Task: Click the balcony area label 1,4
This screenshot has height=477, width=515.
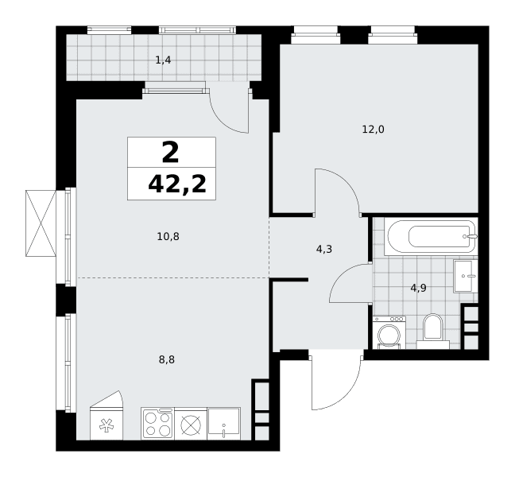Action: [163, 60]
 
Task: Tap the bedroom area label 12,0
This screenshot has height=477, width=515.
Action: [373, 130]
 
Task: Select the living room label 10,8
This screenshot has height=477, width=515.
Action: [168, 237]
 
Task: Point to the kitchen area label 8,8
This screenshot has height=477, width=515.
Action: [167, 360]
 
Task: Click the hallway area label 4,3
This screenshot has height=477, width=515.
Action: [324, 250]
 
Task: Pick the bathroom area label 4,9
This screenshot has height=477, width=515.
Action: [419, 289]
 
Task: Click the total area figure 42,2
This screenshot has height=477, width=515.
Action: [177, 184]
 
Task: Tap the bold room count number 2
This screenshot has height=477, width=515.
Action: [170, 152]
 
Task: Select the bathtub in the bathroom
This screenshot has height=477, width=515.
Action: [432, 236]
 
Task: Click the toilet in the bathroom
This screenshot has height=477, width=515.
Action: [433, 332]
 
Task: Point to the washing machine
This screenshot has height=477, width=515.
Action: [389, 332]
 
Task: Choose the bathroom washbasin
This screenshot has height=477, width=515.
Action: [466, 276]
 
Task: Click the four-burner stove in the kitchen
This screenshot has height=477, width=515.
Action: [158, 424]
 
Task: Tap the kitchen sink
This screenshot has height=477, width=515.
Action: [223, 424]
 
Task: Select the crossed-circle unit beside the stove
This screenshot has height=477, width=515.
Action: [191, 424]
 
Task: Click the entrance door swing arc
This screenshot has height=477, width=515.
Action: [347, 394]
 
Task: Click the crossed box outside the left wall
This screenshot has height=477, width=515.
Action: [41, 223]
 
